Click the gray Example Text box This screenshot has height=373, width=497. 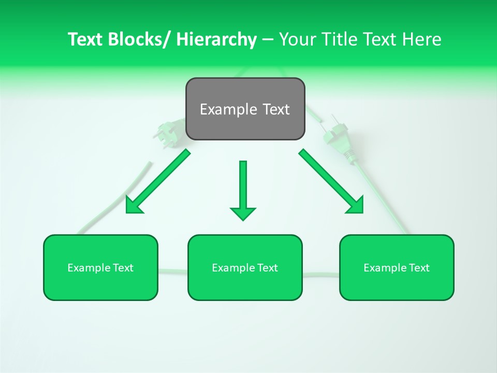pos(245,109)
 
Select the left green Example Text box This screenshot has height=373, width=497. pos(100,267)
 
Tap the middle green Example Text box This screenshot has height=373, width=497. pos(245,267)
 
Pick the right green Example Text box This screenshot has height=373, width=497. pos(397,267)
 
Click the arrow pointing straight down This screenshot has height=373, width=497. pos(243,189)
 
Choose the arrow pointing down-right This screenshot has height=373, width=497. pos(331,181)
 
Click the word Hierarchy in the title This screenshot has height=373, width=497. pos(216,39)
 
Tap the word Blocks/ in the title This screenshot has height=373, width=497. pos(141,39)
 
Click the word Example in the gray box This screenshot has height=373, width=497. pos(224,109)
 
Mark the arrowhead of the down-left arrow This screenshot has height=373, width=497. pos(134,206)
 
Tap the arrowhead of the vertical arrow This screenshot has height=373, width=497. pos(243,213)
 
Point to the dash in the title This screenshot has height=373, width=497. pos(268,40)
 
